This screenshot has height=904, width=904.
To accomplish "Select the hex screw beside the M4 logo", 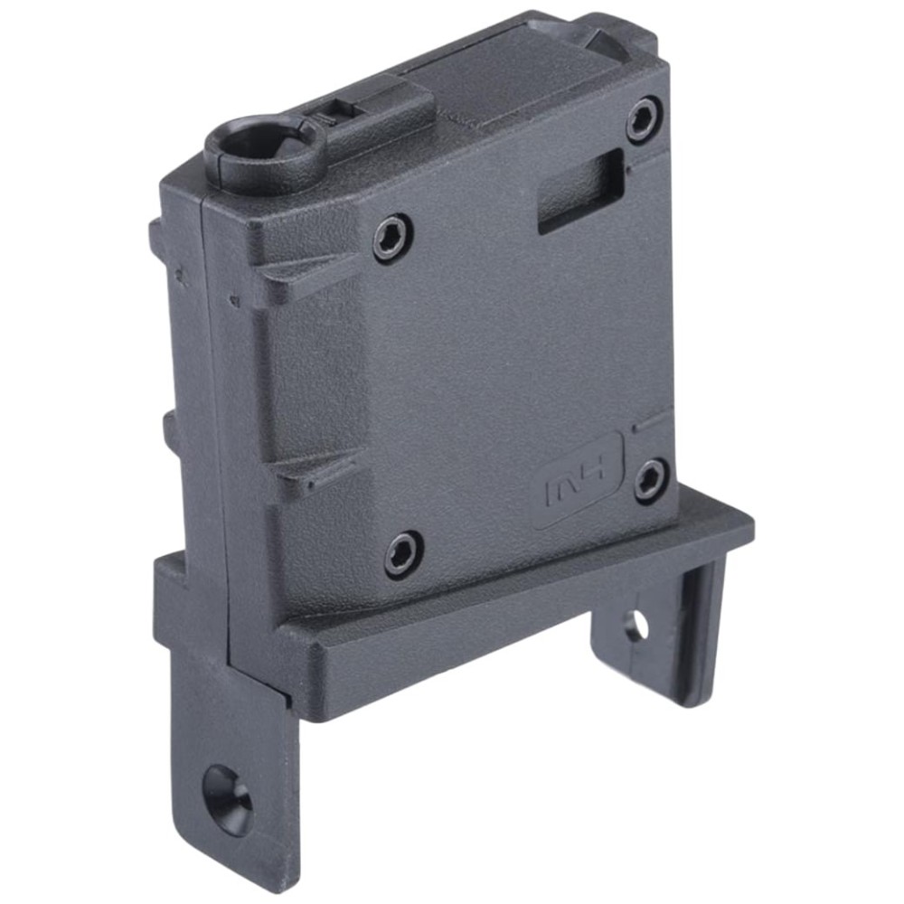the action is pyautogui.click(x=652, y=480).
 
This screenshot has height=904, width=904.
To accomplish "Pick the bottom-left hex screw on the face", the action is pyautogui.click(x=403, y=551).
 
